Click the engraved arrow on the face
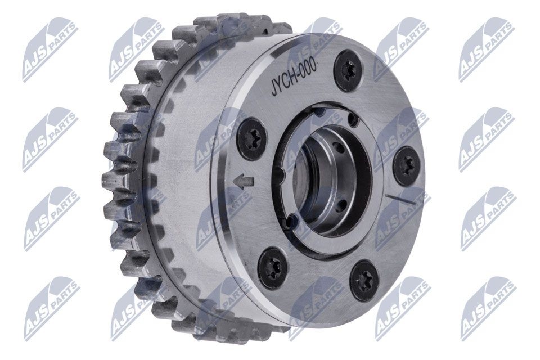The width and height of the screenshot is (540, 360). point(243,182)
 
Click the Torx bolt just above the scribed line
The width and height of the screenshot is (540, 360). point(407,165)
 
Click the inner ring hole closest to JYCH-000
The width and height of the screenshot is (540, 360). point(320,113)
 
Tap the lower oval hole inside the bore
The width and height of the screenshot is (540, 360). point(340,209)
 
